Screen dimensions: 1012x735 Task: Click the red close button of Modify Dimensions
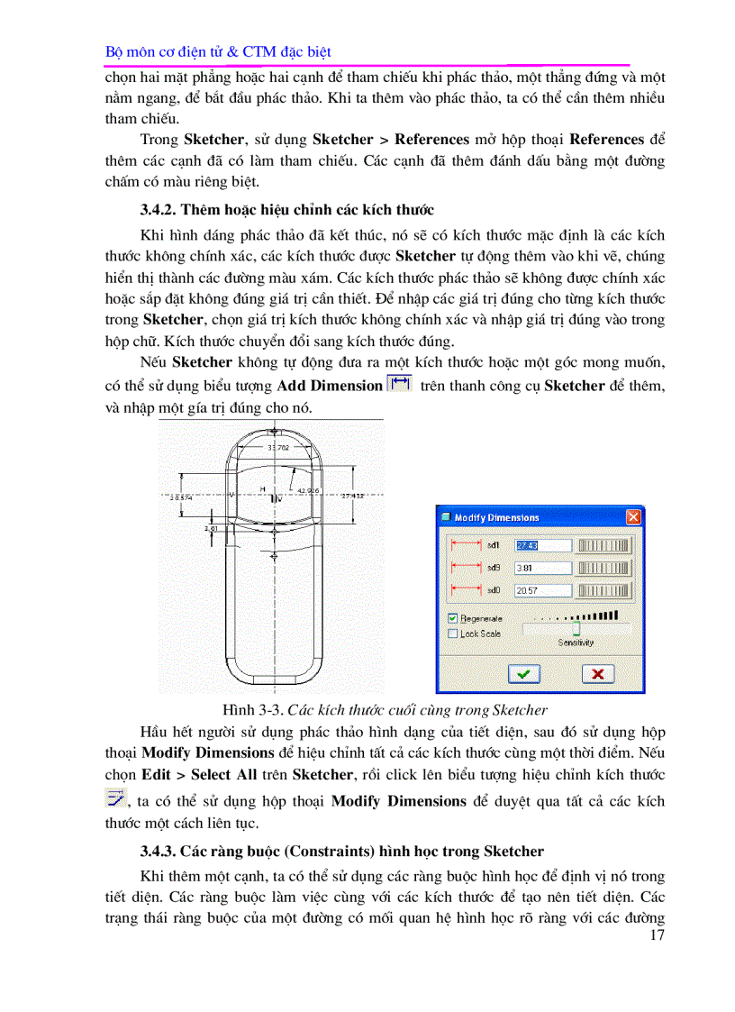(x=633, y=517)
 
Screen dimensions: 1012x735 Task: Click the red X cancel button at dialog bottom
(x=597, y=673)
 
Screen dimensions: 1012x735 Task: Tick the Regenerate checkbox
(x=452, y=619)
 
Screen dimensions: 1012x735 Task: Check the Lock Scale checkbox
(x=452, y=634)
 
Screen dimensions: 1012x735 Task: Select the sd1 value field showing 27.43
(x=543, y=545)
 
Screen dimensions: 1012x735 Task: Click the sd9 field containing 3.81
(x=543, y=569)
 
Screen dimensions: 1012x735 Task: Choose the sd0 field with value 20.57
(x=543, y=591)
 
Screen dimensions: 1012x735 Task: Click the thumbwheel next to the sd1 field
(x=604, y=545)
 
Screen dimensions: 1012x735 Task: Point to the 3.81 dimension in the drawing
(x=211, y=529)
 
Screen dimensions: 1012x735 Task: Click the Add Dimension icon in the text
(x=398, y=385)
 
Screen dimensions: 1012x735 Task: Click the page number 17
(x=656, y=936)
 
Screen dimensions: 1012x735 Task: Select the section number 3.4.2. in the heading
(x=159, y=210)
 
